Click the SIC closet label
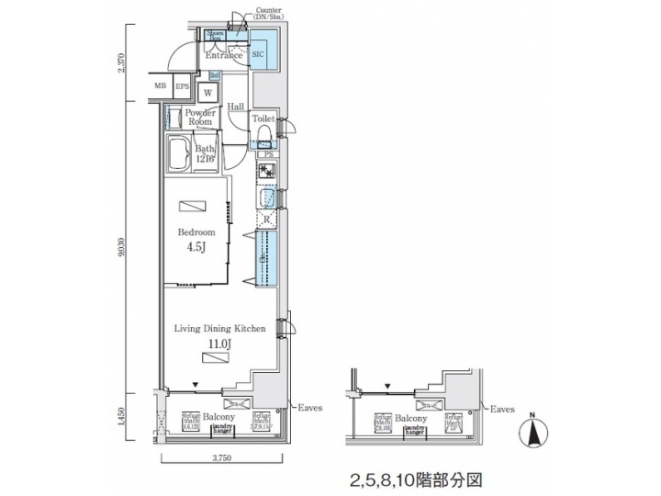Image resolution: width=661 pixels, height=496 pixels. [258, 54]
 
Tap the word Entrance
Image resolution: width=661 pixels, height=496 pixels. [223, 55]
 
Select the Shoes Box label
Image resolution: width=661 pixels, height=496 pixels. [216, 37]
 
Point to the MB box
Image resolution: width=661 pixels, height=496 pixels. [161, 89]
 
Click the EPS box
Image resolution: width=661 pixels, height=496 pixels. [182, 89]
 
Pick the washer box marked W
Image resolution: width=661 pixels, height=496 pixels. [208, 93]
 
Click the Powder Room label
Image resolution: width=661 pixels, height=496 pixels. [201, 117]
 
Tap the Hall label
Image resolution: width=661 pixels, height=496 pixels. [236, 107]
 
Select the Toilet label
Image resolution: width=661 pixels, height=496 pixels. [263, 119]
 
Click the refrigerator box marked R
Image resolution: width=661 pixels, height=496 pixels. [266, 220]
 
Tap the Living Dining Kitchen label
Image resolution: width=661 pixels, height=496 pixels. [220, 328]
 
